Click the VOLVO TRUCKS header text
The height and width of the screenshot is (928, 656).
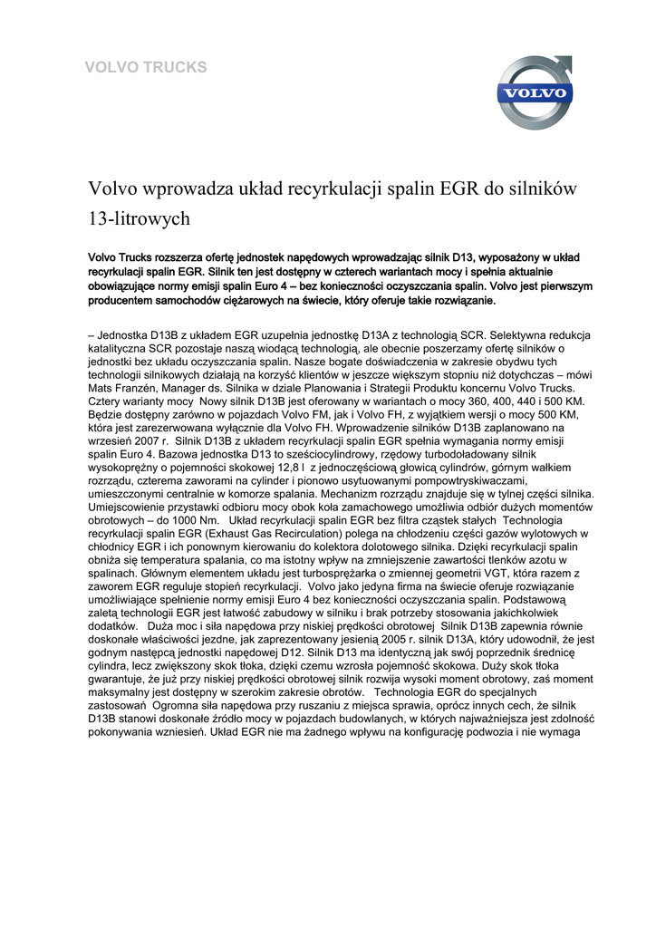tap(145, 67)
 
